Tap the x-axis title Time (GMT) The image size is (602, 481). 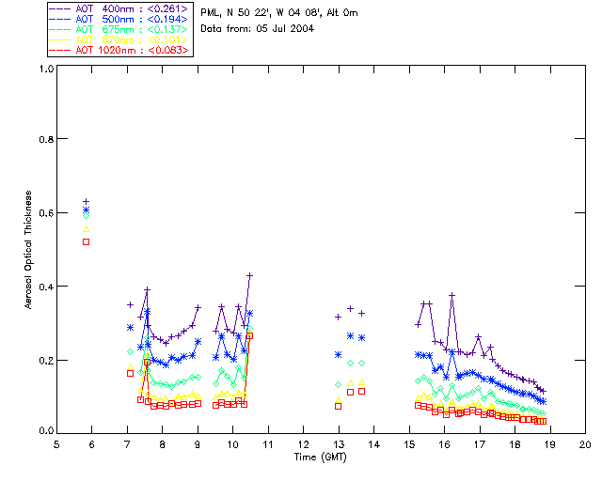coord(321,458)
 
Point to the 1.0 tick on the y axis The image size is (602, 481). coord(45,69)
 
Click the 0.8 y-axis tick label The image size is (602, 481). coord(45,139)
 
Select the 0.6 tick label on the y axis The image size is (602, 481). coord(45,212)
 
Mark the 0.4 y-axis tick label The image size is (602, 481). coord(45,286)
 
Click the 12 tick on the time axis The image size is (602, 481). coord(303,443)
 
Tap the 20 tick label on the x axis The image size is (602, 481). coord(585,443)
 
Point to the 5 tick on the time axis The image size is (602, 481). coord(56,443)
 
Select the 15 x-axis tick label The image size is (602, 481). coord(409,443)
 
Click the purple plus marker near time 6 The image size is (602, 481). coord(87,201)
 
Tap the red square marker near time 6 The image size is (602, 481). coord(87,241)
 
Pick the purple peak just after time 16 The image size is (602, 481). coord(452,295)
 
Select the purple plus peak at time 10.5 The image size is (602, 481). coord(250,275)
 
